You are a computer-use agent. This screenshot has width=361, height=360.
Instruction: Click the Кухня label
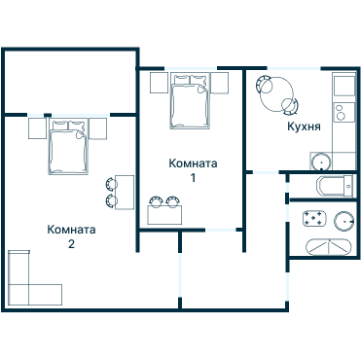(x=304, y=126)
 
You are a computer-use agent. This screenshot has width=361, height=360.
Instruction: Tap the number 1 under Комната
(x=193, y=178)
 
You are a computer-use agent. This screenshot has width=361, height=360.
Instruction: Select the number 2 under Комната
(x=71, y=244)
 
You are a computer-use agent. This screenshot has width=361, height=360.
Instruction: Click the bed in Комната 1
(x=189, y=101)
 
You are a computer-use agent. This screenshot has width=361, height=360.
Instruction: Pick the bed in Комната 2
(x=68, y=147)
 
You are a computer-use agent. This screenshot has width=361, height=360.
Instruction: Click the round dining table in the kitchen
(x=277, y=94)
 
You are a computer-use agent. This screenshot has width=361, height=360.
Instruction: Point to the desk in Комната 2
(x=125, y=193)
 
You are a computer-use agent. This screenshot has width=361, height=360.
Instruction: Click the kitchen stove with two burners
(x=344, y=112)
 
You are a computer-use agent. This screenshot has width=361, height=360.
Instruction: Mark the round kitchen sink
(x=321, y=162)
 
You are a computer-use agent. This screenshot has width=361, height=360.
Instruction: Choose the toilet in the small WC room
(x=335, y=186)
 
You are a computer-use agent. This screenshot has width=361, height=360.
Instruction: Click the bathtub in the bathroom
(x=329, y=247)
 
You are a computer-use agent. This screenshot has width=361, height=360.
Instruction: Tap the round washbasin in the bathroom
(x=344, y=222)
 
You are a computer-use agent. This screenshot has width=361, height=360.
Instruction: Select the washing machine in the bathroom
(x=314, y=218)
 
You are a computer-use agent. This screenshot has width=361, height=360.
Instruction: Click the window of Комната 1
(x=191, y=68)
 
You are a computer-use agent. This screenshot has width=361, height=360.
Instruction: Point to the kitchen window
(x=294, y=68)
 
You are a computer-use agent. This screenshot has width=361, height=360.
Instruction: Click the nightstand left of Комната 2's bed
(x=37, y=128)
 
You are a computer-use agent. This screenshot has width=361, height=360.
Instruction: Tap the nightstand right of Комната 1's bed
(x=219, y=84)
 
